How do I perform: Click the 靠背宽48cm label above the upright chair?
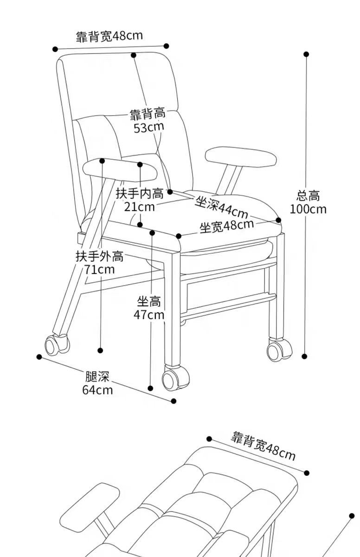tap(109, 36)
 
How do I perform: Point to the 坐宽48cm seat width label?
tap(226, 227)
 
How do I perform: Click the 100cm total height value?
tap(308, 209)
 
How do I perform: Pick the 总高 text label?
tap(308, 195)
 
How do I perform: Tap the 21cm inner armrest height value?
tap(139, 206)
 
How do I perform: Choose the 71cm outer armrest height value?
tap(99, 269)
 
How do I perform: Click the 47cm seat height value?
tap(149, 315)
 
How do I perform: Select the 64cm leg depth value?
tap(97, 389)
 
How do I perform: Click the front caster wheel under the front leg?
tap(175, 377)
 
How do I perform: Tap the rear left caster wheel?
tap(56, 345)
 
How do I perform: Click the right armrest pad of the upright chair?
tap(241, 156)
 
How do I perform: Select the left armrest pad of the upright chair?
tap(120, 169)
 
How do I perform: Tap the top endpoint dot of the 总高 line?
tap(306, 54)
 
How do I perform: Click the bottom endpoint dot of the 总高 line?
tap(305, 356)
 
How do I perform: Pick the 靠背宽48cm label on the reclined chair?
tap(263, 445)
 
